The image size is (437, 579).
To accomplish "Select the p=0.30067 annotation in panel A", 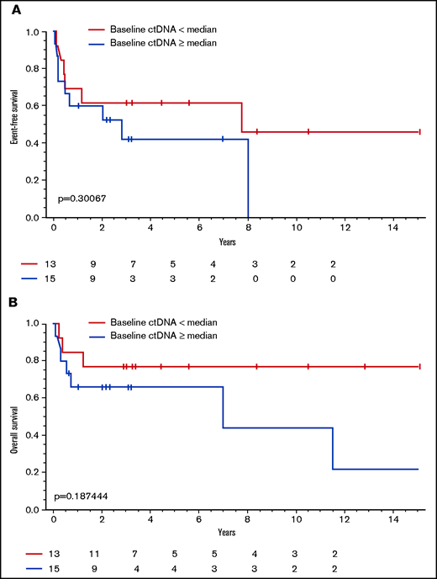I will (x=82, y=199).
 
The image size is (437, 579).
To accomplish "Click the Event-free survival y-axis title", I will (x=15, y=124).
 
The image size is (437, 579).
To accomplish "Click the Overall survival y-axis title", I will (x=15, y=417).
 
